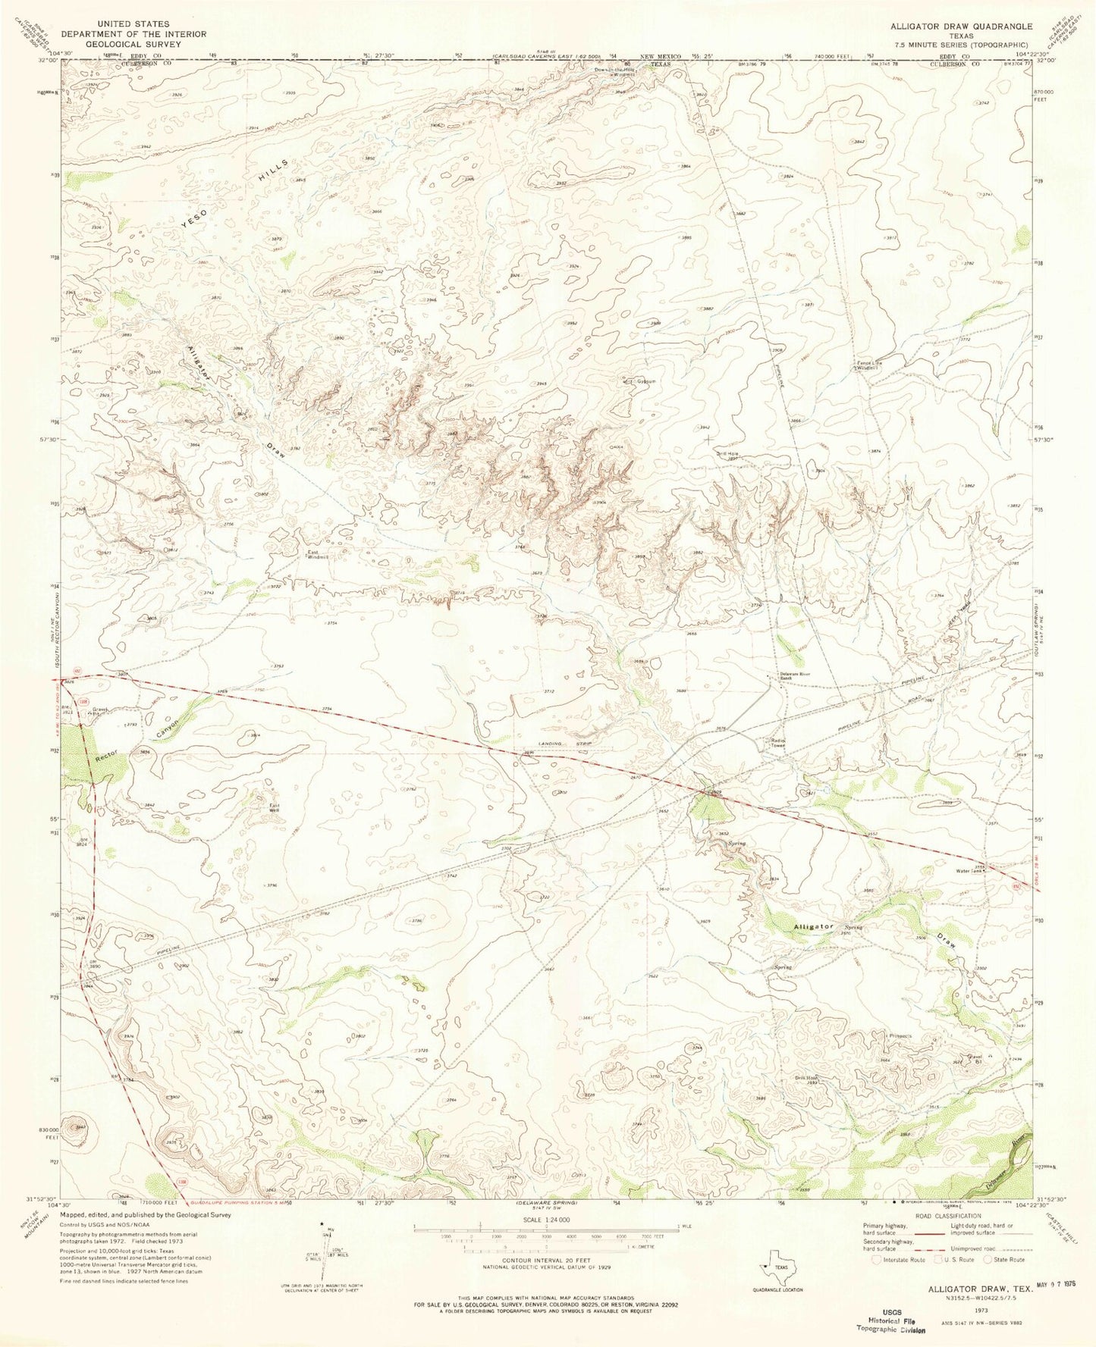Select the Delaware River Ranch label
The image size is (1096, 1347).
(x=795, y=675)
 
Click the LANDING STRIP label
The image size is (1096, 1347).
(x=564, y=744)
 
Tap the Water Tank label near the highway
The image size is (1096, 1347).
(x=970, y=871)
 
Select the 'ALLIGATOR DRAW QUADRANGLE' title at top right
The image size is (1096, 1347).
(x=961, y=26)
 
